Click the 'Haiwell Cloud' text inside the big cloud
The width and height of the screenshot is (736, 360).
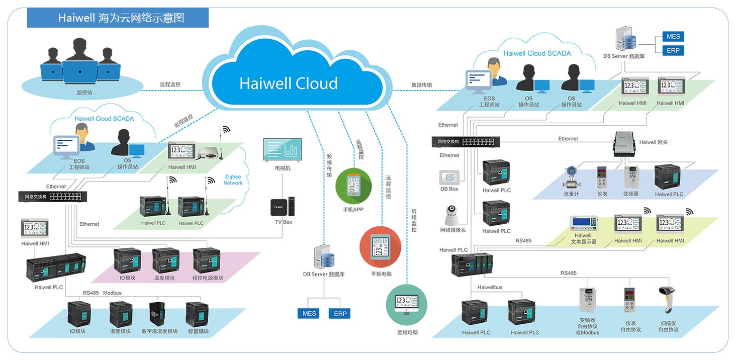click(288, 83)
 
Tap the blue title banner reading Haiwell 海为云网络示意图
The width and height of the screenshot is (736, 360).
click(118, 18)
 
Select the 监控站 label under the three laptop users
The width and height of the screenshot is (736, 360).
click(84, 93)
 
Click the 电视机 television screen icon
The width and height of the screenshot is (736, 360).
click(282, 149)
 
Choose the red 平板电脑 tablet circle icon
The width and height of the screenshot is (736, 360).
click(380, 247)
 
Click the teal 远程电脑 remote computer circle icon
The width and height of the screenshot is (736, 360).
click(406, 305)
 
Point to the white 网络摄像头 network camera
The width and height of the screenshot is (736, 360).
click(452, 215)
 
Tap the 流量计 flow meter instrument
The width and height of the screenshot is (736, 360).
click(571, 177)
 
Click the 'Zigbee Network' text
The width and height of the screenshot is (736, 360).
click(233, 180)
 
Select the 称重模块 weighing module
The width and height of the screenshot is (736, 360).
click(197, 315)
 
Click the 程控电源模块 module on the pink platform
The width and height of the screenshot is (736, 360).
click(207, 260)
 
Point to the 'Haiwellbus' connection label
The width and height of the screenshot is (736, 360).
click(490, 288)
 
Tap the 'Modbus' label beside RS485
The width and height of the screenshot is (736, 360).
click(112, 293)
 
